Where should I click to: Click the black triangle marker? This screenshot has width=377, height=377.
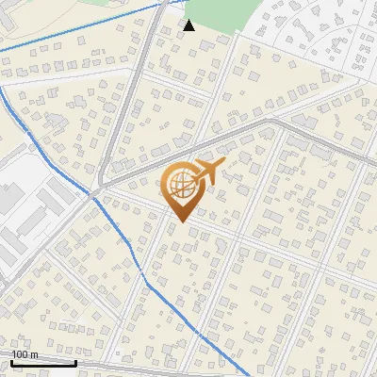(189, 25)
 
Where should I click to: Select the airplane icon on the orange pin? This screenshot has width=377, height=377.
(205, 172)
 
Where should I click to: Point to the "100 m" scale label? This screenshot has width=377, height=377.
(25, 354)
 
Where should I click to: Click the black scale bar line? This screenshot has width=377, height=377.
(42, 362)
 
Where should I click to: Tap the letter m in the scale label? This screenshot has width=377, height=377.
(35, 354)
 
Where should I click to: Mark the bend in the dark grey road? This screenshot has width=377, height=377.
(278, 123)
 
